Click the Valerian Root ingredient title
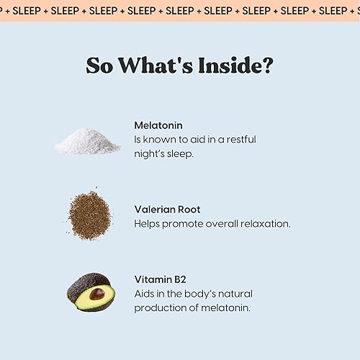tap(167, 210)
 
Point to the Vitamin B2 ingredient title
tap(161, 279)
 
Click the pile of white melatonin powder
tap(88, 142)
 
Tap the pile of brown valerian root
tap(89, 214)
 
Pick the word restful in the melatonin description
tap(238, 139)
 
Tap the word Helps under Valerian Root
tap(148, 223)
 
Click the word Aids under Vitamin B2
tap(145, 294)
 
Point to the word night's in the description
tap(150, 153)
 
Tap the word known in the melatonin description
tap(161, 139)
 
